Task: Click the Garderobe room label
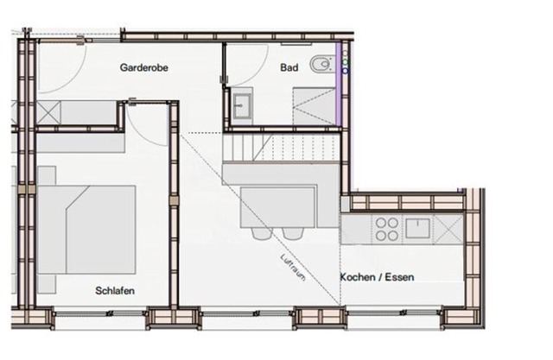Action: pyautogui.click(x=144, y=67)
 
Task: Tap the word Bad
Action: pyautogui.click(x=289, y=67)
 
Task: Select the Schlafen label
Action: pyautogui.click(x=115, y=291)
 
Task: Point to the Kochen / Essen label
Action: pyautogui.click(x=377, y=277)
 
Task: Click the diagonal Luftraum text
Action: pyautogui.click(x=293, y=268)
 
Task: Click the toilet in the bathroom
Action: pyautogui.click(x=321, y=64)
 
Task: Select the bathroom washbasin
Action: pyautogui.click(x=242, y=105)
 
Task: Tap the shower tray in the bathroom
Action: pyautogui.click(x=314, y=106)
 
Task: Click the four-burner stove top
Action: pyautogui.click(x=387, y=229)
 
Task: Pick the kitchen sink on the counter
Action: pyautogui.click(x=417, y=228)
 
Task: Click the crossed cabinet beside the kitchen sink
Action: pyautogui.click(x=448, y=229)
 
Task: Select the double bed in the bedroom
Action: pyautogui.click(x=86, y=230)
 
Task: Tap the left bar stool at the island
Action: pyautogui.click(x=263, y=233)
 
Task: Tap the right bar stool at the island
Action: pyautogui.click(x=293, y=233)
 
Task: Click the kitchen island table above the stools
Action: pyautogui.click(x=278, y=207)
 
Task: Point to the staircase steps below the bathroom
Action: pyautogui.click(x=282, y=147)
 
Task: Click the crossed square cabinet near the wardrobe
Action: pyautogui.click(x=48, y=112)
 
